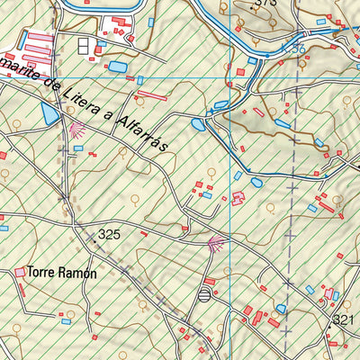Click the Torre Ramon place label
pos(61,271)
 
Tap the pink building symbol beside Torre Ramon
pos(21,271)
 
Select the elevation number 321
pos(344,320)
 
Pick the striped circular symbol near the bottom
pos(206,293)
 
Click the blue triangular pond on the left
pos(49,114)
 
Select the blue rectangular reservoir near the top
pos(118,67)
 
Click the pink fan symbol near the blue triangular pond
pos(76,130)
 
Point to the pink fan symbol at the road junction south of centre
pos(215,241)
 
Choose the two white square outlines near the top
pos(84,45)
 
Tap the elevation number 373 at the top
pos(264,4)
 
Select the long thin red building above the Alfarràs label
pos(152,94)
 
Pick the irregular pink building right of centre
pos(238,198)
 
